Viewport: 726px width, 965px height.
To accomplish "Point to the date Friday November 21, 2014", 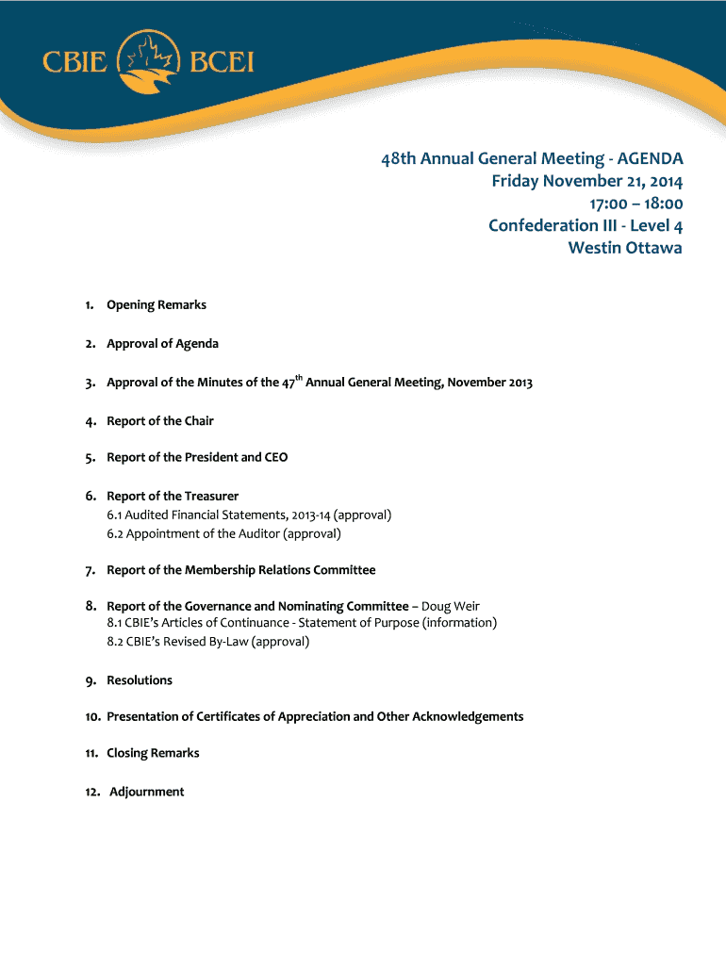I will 586,181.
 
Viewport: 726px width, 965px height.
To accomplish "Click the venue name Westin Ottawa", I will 624,248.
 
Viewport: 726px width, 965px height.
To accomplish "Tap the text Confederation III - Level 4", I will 585,226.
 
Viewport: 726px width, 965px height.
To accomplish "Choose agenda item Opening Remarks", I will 156,305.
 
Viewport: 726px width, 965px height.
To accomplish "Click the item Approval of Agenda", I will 162,344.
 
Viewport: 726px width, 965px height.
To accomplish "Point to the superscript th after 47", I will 299,378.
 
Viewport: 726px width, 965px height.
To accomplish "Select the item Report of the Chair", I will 159,421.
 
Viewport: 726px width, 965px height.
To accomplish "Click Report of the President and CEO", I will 197,458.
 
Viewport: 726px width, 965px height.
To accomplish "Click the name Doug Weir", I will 450,606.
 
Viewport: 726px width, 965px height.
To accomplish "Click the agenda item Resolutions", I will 140,680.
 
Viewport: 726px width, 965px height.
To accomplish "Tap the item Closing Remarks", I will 153,754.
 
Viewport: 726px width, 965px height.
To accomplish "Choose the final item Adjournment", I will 146,793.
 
